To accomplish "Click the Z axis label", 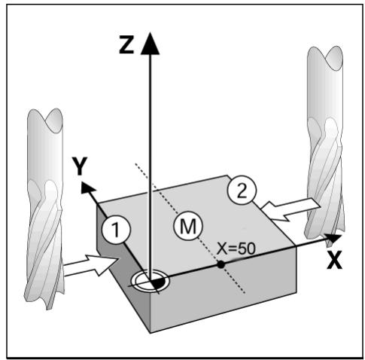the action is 126,44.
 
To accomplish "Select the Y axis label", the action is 80,166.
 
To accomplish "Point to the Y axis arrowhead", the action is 87,188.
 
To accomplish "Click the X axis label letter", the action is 334,260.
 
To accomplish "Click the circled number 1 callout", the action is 116,230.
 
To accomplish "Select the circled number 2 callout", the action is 242,190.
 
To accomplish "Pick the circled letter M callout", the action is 188,226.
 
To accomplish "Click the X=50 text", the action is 236,249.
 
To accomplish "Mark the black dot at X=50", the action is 221,264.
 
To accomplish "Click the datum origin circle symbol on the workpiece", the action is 151,281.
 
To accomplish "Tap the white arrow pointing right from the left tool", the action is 91,266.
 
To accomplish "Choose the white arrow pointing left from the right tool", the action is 290,209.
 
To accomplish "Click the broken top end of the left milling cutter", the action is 45,120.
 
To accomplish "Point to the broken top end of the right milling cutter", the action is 325,58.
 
